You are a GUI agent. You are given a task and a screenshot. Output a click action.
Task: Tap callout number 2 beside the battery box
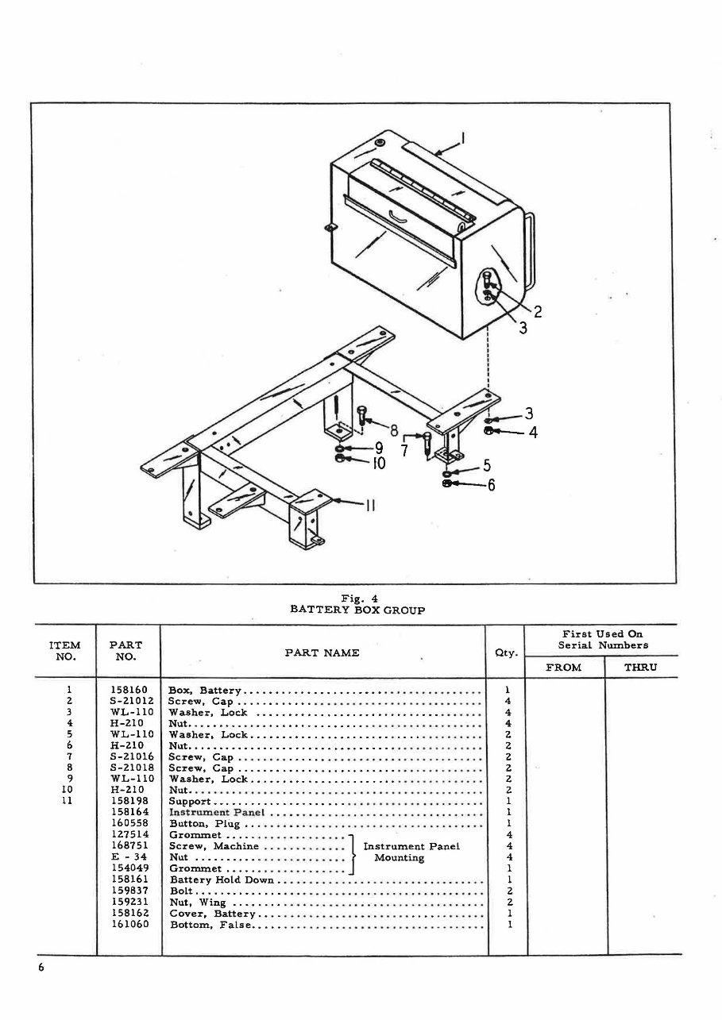[x=538, y=311]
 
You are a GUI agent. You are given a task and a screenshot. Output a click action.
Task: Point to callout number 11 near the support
[x=369, y=506]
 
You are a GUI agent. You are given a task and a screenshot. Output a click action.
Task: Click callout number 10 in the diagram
[x=378, y=462]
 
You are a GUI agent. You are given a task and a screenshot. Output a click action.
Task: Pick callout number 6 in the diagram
[x=491, y=485]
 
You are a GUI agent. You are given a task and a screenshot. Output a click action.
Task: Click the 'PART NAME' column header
[x=322, y=652]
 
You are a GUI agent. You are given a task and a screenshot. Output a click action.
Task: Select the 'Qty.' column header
[x=506, y=653]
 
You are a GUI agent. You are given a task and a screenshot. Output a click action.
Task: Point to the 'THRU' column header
[x=640, y=668]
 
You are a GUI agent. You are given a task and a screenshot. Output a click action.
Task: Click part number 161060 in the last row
[x=128, y=924]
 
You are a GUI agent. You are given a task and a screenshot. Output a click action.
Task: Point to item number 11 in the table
[x=68, y=802]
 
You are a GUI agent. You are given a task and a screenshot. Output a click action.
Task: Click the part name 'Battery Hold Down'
[x=222, y=880]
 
